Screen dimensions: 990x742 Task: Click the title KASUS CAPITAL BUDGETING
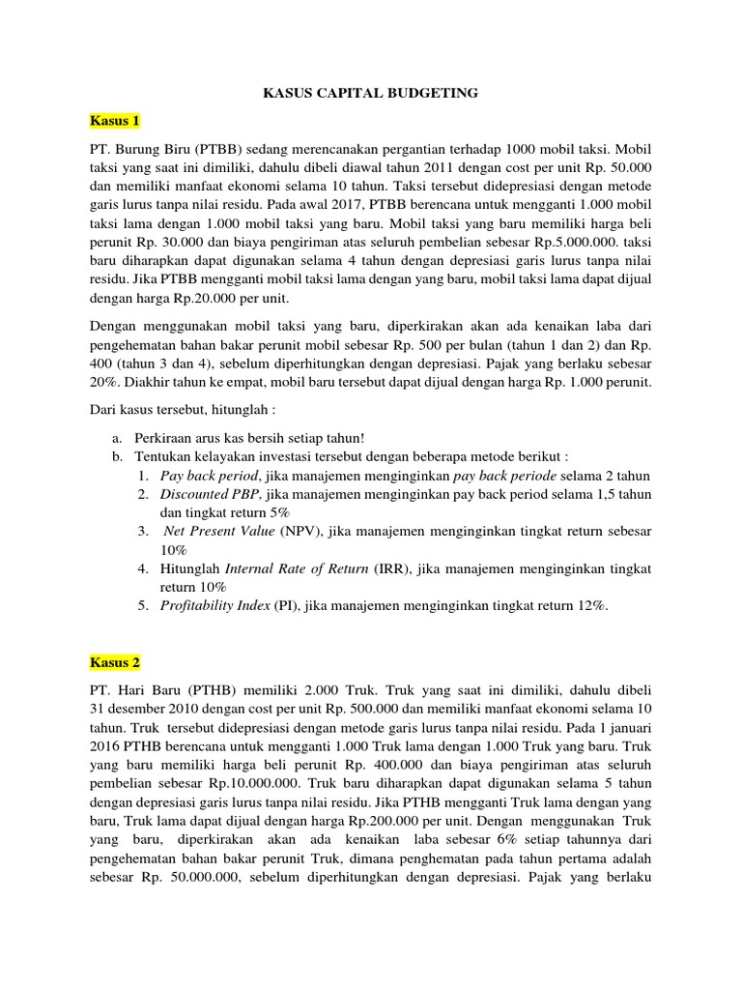coord(371,93)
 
